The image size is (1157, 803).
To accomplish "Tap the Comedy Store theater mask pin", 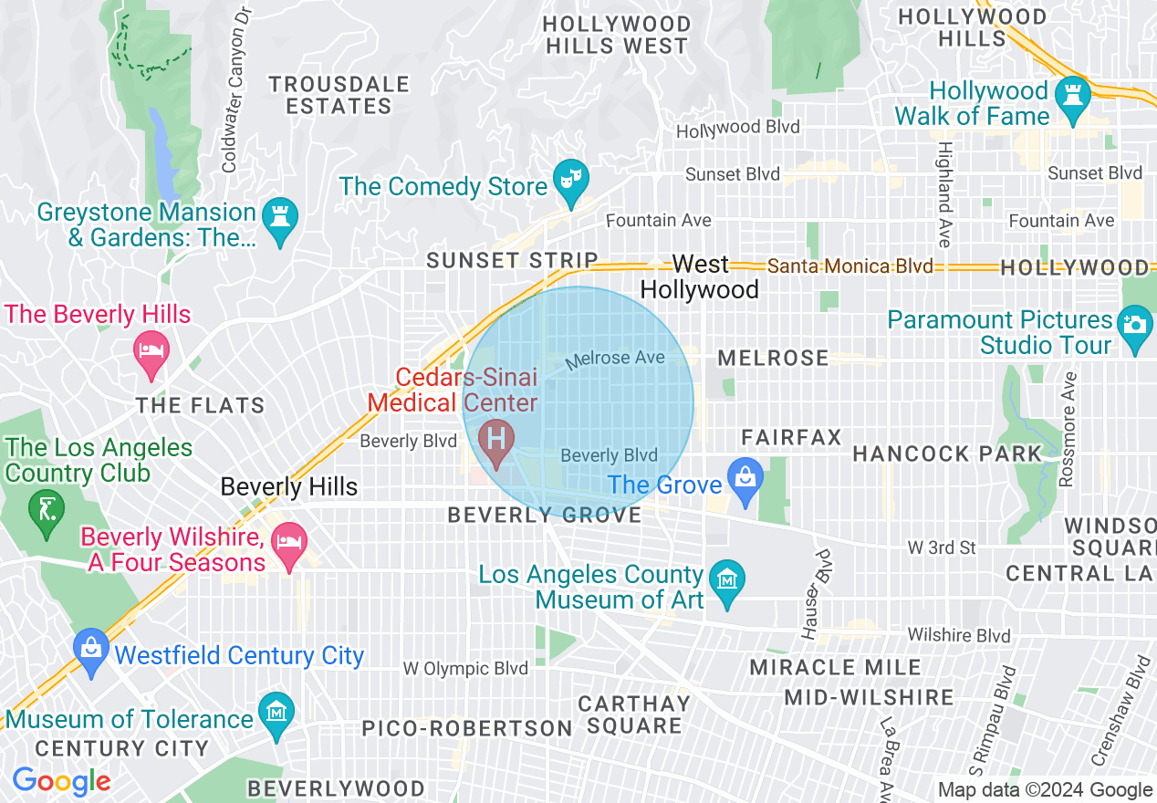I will click(571, 179).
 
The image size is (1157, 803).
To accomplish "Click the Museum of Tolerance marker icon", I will click(276, 712).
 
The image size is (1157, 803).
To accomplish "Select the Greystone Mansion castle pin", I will click(279, 217).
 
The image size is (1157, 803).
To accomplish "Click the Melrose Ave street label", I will click(615, 359).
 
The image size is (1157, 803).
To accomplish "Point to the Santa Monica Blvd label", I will click(850, 266).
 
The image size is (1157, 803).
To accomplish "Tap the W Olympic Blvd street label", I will click(465, 669).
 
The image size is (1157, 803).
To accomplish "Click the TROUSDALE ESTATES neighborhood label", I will click(339, 95).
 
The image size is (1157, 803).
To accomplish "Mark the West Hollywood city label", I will click(700, 277).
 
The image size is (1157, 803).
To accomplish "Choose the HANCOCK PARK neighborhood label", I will click(946, 454).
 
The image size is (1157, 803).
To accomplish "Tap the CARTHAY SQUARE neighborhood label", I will click(634, 714).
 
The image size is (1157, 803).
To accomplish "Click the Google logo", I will click(61, 781).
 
